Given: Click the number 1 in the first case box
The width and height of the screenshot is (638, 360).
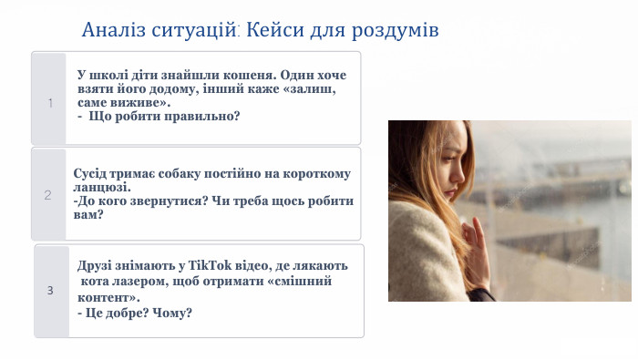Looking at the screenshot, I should (50, 103).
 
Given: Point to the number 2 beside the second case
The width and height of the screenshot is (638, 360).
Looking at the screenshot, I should (47, 194).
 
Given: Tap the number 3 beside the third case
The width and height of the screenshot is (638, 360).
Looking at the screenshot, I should (51, 291).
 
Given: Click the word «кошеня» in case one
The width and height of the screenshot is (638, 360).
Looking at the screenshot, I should (252, 75).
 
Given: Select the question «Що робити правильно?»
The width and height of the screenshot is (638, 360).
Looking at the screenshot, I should (163, 116).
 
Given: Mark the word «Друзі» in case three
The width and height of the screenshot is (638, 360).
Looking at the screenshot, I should (95, 266).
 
